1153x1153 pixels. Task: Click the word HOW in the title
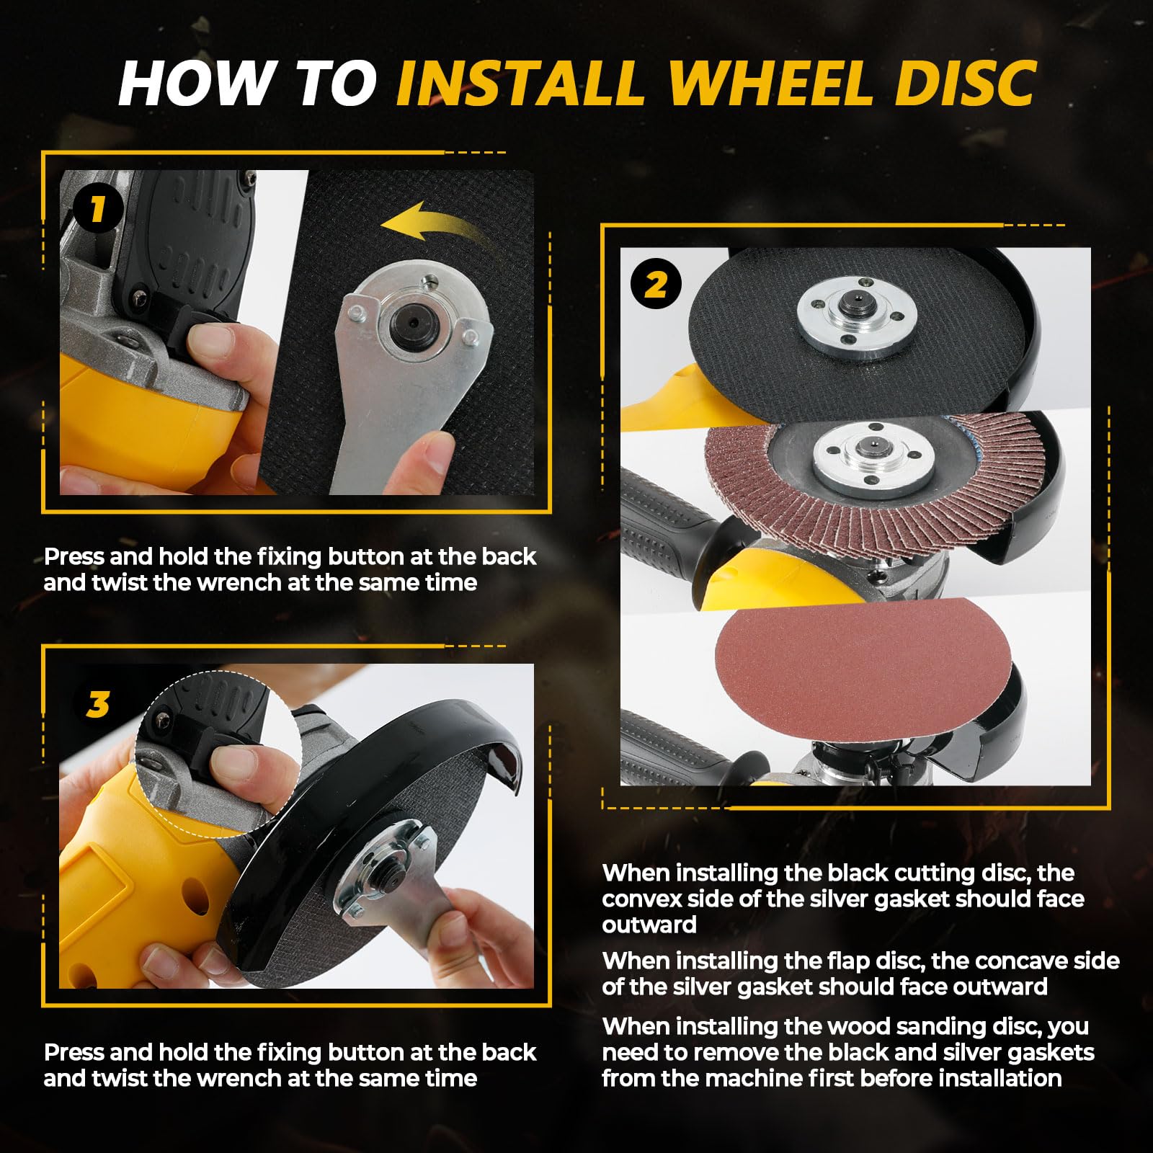[195, 83]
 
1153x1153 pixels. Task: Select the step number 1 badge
[98, 210]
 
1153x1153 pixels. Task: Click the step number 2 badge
[656, 285]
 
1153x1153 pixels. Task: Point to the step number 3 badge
[98, 704]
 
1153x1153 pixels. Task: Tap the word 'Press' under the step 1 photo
[75, 557]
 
